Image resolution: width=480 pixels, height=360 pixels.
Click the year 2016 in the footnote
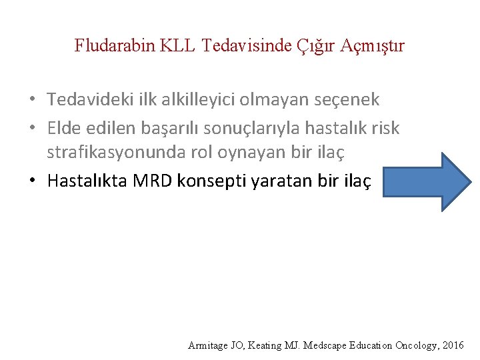(x=453, y=345)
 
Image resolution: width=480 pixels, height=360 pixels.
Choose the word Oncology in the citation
(x=416, y=345)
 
